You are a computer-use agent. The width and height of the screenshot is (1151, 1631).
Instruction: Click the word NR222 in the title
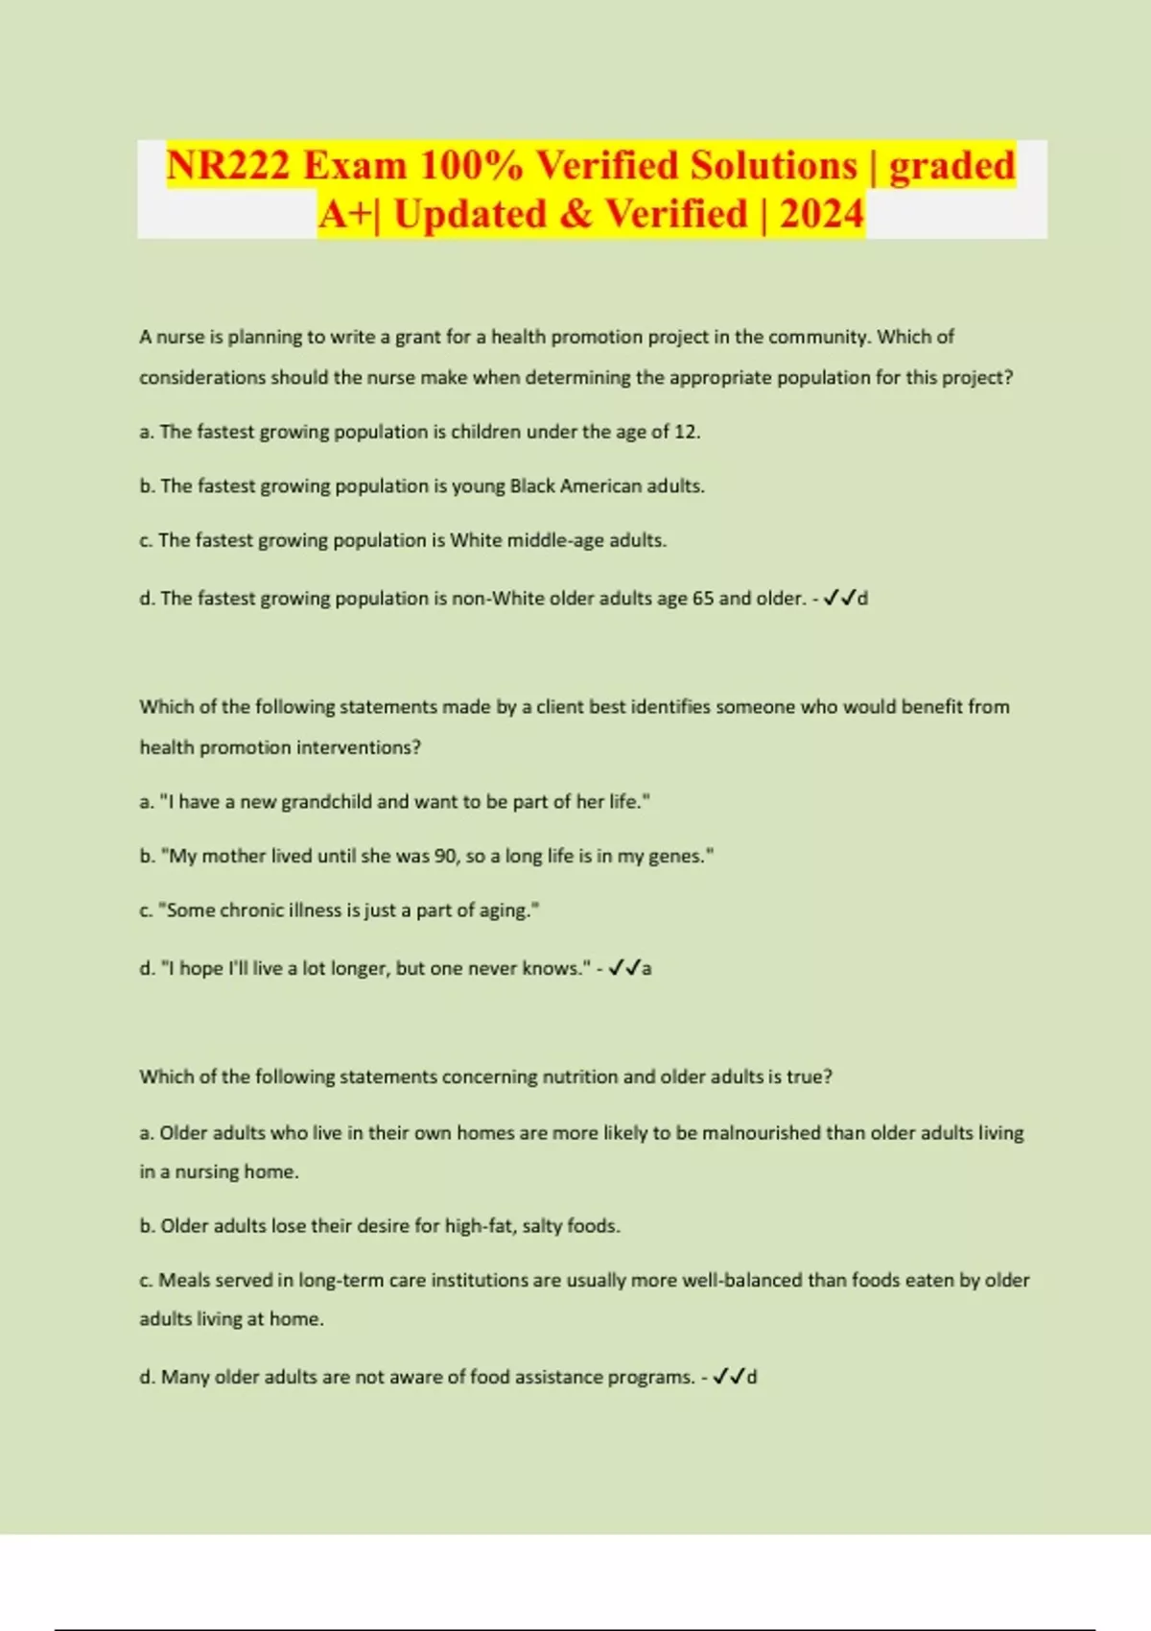tap(228, 165)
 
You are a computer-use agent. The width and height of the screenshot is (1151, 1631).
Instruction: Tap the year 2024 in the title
tap(822, 213)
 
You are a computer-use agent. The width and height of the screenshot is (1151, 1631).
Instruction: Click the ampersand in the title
tap(575, 213)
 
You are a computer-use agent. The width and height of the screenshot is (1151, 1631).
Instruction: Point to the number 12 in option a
tap(686, 432)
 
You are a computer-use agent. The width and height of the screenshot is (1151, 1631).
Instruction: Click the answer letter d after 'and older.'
tap(862, 599)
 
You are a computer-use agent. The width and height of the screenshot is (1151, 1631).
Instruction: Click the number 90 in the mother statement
tap(446, 856)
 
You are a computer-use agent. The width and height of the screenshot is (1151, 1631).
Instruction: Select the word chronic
tap(255, 910)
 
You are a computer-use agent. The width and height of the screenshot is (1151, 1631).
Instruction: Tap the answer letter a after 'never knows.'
tap(646, 969)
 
